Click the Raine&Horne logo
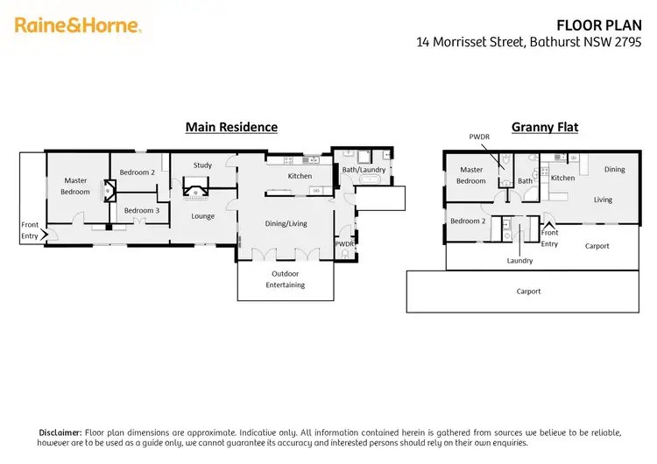pos(78,25)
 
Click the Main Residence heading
pos(231,127)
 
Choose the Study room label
pos(203,165)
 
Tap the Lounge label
pos(202,216)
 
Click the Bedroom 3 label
pos(141,210)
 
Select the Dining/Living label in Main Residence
pos(286,223)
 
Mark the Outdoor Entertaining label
pos(286,279)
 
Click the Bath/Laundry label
pos(364,169)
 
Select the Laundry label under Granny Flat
pos(519,261)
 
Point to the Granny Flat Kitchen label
pos(562,178)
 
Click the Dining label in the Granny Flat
pos(614,169)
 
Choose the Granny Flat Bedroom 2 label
pos(468,221)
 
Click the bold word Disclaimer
pos(61,432)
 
